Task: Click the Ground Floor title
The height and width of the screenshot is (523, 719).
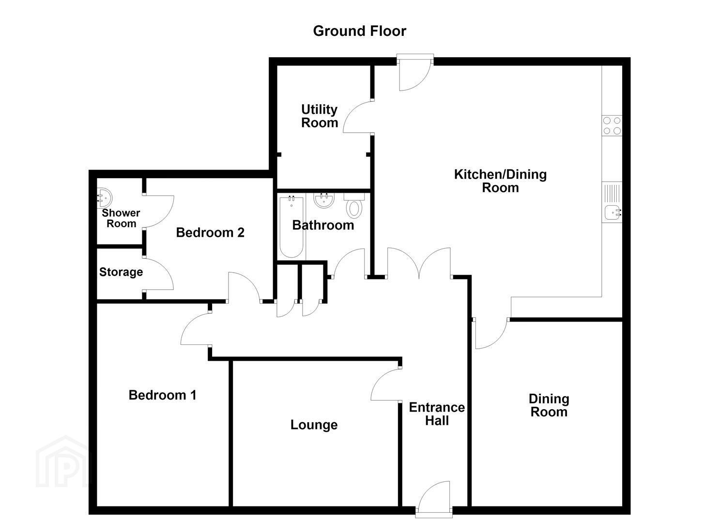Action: [x=359, y=31]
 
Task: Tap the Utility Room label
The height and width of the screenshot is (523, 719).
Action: [x=320, y=116]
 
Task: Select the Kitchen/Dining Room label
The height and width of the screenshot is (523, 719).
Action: [x=500, y=181]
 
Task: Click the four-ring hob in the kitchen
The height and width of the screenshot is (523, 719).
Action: [x=612, y=125]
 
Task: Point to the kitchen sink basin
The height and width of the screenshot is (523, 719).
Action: [x=612, y=212]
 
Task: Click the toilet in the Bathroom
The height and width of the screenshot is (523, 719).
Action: [x=354, y=206]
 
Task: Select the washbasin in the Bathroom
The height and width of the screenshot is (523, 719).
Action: [x=324, y=200]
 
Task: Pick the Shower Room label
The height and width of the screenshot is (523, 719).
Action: [x=121, y=218]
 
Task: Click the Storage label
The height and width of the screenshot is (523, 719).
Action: [x=121, y=272]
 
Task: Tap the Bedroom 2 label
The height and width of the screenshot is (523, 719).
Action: [x=210, y=232]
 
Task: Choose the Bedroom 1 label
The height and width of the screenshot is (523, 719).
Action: [x=162, y=395]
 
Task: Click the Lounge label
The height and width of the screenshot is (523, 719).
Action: [x=314, y=425]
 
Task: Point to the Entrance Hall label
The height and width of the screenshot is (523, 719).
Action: [x=437, y=414]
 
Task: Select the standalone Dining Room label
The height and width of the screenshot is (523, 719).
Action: [x=549, y=405]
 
